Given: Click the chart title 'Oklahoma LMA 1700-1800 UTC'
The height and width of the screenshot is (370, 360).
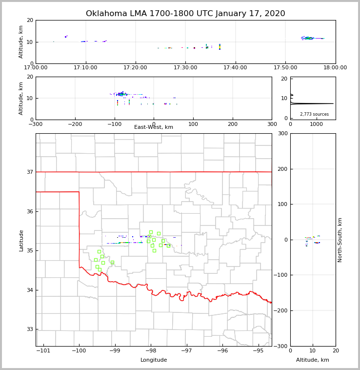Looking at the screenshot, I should click(x=185, y=14).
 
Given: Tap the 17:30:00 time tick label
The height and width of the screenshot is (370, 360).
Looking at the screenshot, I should click(x=185, y=67).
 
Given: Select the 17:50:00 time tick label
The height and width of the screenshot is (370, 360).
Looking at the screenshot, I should click(x=285, y=67).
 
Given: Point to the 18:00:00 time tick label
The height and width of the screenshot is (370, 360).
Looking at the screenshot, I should click(x=335, y=67).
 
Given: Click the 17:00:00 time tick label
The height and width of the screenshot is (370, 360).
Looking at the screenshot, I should click(x=36, y=67).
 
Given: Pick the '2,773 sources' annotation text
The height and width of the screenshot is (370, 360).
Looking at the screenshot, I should click(x=314, y=114).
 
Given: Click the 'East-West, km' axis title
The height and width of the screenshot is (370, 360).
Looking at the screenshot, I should click(x=154, y=127).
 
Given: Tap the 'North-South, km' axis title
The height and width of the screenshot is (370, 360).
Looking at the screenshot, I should click(x=340, y=240).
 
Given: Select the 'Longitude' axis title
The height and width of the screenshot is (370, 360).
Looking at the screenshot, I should click(x=154, y=360).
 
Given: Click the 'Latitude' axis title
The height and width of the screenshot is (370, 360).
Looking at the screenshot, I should click(x=21, y=240).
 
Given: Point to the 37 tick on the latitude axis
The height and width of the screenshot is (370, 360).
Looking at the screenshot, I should click(x=30, y=172).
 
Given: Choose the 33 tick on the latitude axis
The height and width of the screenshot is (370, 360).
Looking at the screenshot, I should click(x=30, y=329).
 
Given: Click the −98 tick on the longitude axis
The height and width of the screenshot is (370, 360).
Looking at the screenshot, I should click(x=151, y=350).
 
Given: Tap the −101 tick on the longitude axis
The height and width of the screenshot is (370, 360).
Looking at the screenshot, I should click(x=43, y=350).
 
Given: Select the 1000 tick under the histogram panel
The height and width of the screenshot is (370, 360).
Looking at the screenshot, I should click(x=316, y=124).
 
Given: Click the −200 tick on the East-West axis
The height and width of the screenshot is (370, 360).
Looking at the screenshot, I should click(x=74, y=124).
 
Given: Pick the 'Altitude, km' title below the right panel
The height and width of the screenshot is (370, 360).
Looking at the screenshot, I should click(x=313, y=360).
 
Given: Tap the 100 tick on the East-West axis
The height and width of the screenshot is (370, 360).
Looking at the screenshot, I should click(x=193, y=124).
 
